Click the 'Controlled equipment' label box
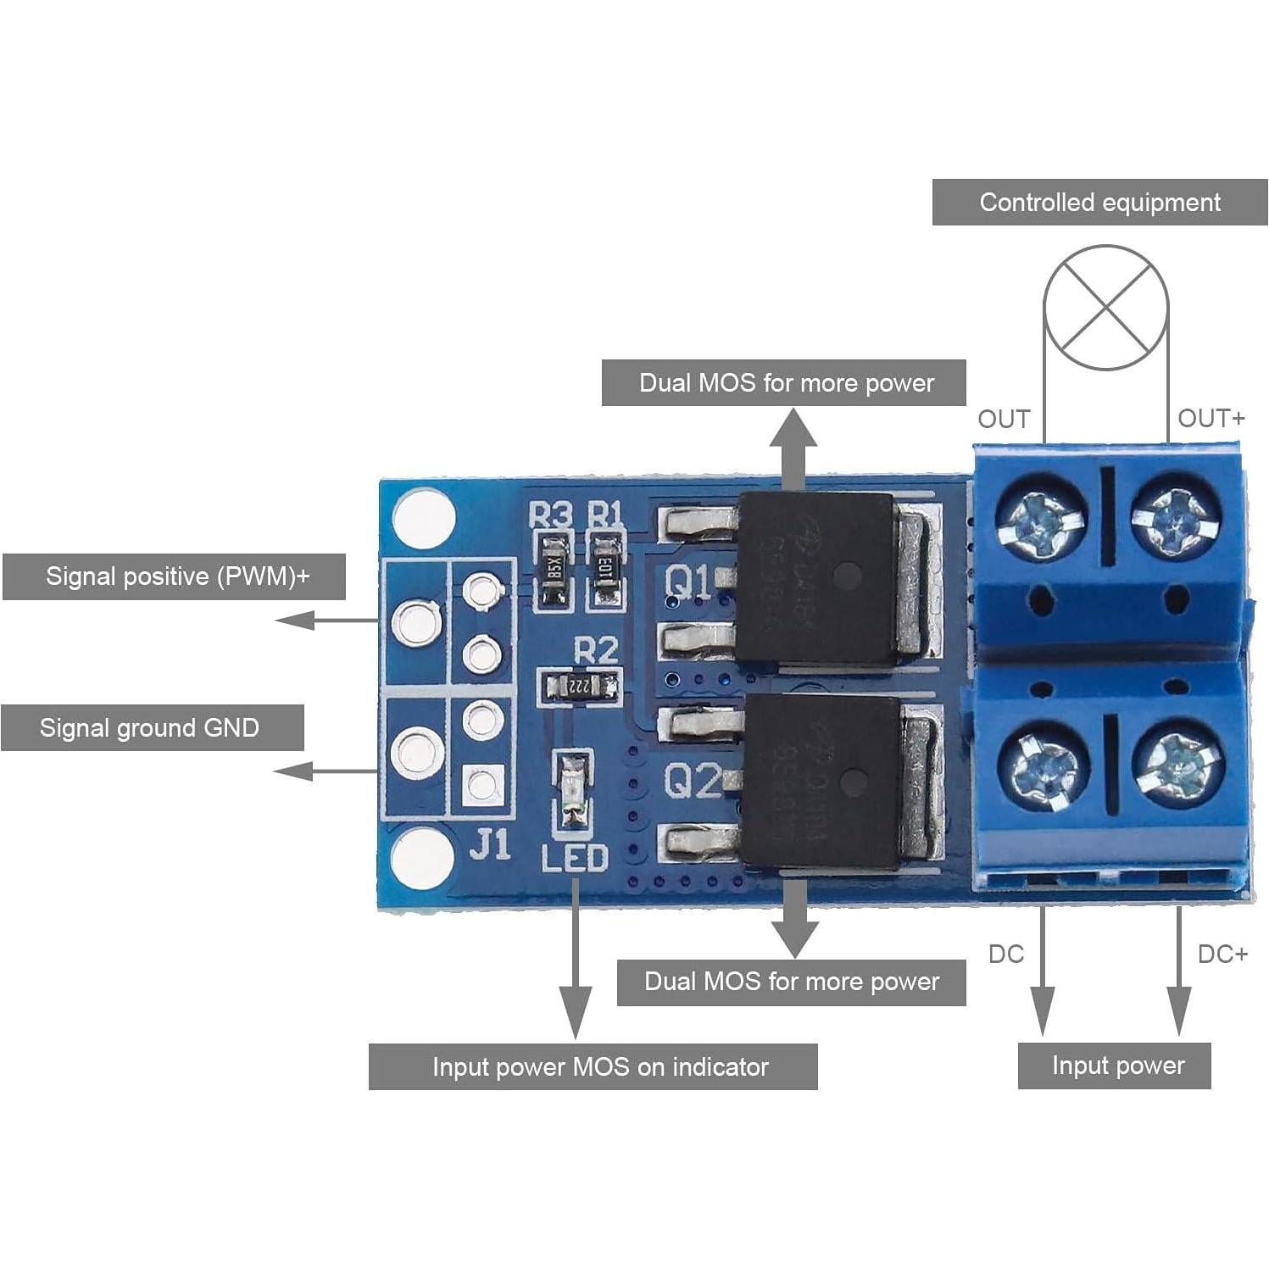pyautogui.click(x=1099, y=203)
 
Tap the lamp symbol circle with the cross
pyautogui.click(x=1105, y=307)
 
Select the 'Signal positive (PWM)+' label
pyautogui.click(x=174, y=576)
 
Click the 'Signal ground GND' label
pyautogui.click(x=152, y=727)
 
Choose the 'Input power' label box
pyautogui.click(x=1114, y=1066)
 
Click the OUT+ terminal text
pyautogui.click(x=1211, y=418)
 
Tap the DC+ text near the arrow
pyautogui.click(x=1222, y=954)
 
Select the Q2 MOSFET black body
pyautogui.click(x=820, y=782)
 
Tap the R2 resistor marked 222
pyautogui.click(x=580, y=684)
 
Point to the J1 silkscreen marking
pyautogui.click(x=490, y=844)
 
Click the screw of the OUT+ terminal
pyautogui.click(x=1176, y=516)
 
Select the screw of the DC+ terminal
pyautogui.click(x=1177, y=764)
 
